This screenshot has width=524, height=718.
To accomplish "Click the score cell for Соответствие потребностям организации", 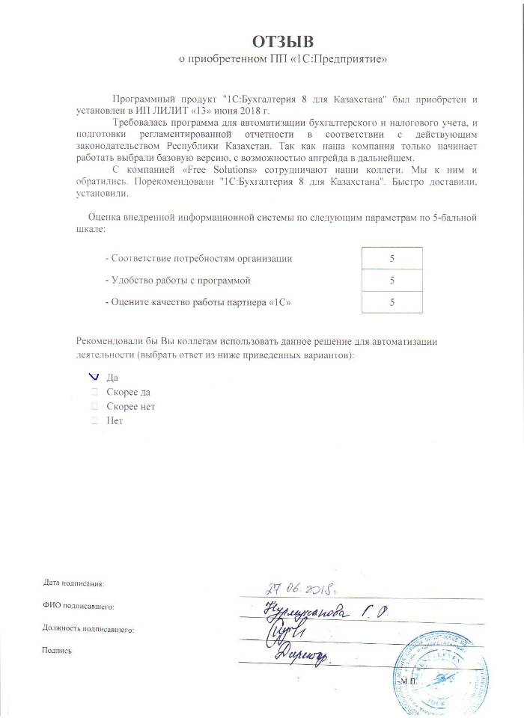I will point(392,258).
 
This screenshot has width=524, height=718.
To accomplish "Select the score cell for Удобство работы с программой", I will point(392,280).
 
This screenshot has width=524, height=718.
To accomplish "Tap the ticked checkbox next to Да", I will point(94,377).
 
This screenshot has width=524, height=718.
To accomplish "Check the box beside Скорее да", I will point(94,391).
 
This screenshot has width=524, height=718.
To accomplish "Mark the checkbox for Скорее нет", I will point(94,406).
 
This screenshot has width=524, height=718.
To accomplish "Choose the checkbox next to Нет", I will point(94,421).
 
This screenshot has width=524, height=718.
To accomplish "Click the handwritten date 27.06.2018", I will point(299,589).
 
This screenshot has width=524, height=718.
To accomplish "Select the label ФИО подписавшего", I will point(78,604).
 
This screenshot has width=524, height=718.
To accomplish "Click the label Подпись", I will point(57,651).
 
